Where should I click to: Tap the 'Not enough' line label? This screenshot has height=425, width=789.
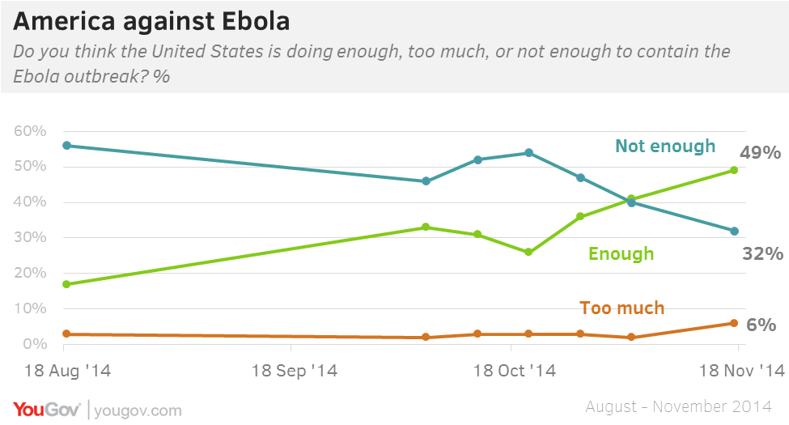click(x=665, y=146)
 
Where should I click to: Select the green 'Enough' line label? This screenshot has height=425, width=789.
click(x=621, y=253)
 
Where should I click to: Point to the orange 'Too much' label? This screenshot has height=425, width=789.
click(x=621, y=308)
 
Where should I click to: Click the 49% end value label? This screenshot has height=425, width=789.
click(x=759, y=153)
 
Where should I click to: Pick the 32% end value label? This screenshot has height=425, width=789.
click(x=762, y=253)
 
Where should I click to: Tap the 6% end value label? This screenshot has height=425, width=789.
click(x=761, y=325)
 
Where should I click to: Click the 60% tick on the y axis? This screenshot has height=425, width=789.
click(x=30, y=131)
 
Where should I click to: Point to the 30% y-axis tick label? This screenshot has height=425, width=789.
click(x=30, y=238)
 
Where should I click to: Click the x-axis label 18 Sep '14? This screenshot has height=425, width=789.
click(x=295, y=372)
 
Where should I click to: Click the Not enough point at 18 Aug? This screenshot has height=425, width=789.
click(x=66, y=146)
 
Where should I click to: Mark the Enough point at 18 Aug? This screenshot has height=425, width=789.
click(x=66, y=284)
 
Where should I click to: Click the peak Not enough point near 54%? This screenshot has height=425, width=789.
click(x=528, y=152)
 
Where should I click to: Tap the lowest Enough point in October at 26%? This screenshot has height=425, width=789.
click(x=528, y=252)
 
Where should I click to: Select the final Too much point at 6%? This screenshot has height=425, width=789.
click(x=734, y=323)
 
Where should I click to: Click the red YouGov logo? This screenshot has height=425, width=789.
click(x=46, y=409)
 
